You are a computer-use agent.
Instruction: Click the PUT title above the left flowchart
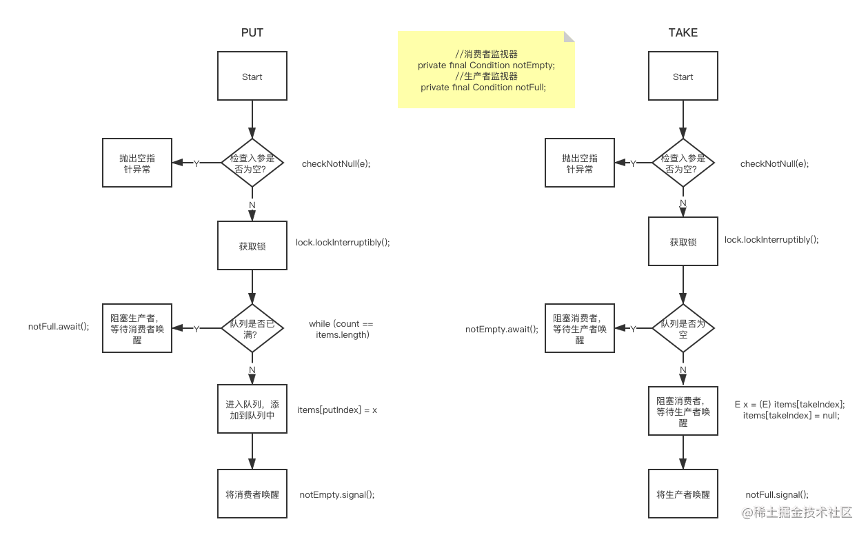click(x=252, y=32)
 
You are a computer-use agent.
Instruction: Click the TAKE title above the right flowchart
click(x=683, y=32)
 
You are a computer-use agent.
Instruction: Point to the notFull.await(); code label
click(x=59, y=327)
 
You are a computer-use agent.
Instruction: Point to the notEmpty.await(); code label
click(x=502, y=330)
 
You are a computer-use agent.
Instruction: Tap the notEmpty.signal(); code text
click(x=337, y=495)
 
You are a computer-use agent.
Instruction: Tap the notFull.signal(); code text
click(x=777, y=495)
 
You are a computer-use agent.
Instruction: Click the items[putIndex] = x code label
click(x=337, y=410)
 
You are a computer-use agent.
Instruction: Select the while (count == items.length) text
click(x=341, y=330)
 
